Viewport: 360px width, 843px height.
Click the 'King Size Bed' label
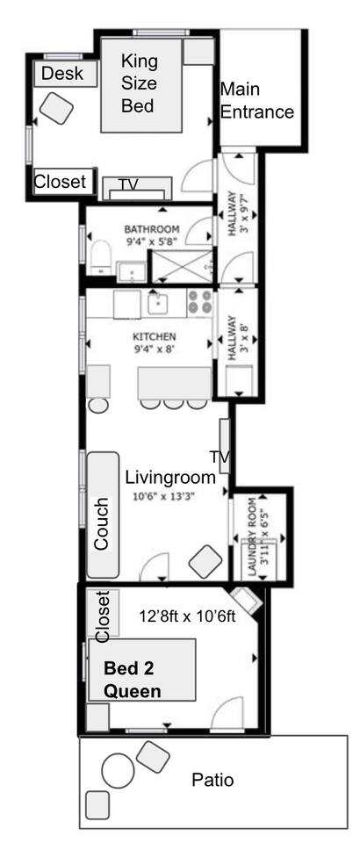pos(139,83)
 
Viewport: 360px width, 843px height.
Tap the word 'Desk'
pos(62,73)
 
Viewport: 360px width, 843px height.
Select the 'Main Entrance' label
pos(257,100)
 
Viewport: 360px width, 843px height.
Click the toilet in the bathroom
pos(100,257)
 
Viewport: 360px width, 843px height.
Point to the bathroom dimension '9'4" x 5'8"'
pos(153,242)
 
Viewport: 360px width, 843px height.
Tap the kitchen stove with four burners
pos(200,303)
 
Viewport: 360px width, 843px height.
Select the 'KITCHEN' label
pos(155,337)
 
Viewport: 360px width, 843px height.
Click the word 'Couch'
pos(101,523)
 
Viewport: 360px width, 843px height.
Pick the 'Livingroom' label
pos(170,477)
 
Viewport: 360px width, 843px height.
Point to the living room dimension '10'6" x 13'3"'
pos(163,496)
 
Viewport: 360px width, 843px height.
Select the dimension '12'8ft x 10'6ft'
pos(188,616)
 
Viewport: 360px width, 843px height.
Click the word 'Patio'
pos(212,780)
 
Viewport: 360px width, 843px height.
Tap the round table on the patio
pos(119,770)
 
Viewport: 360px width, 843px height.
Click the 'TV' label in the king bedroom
pos(128,184)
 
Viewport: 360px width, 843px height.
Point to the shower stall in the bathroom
pos(182,265)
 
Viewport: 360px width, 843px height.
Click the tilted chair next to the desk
pos(56,108)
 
